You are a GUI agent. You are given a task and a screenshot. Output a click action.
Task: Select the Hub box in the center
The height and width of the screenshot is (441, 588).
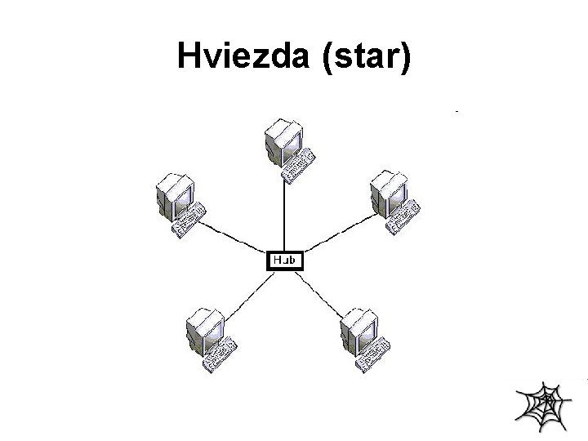point(285,261)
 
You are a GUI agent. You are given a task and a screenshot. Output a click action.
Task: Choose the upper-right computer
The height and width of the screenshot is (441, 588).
point(394,200)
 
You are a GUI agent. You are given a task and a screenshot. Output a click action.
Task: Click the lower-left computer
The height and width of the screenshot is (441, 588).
point(209,336)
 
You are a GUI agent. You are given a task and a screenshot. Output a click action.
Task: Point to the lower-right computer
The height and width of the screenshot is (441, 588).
point(364,336)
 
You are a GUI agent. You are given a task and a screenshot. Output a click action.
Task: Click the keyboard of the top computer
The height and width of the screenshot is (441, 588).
point(298,164)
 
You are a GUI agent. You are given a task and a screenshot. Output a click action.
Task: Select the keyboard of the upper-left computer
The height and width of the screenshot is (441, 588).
point(189,220)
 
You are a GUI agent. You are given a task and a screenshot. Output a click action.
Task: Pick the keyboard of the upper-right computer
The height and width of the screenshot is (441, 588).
point(405,218)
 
